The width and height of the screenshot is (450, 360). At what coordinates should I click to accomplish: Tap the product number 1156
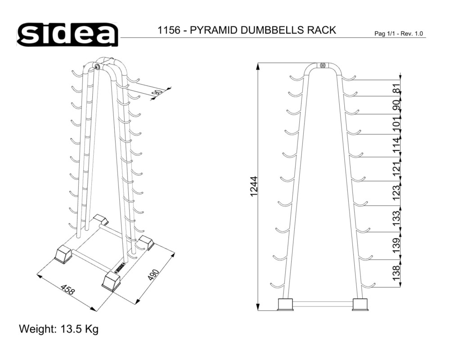point(168,30)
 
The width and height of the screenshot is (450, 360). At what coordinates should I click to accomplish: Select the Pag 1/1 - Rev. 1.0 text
point(399,34)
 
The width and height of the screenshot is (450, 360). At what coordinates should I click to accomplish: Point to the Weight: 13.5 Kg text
point(58,328)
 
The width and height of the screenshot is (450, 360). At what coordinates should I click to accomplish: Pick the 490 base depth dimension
point(153,275)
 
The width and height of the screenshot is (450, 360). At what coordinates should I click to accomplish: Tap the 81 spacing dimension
point(396,88)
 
